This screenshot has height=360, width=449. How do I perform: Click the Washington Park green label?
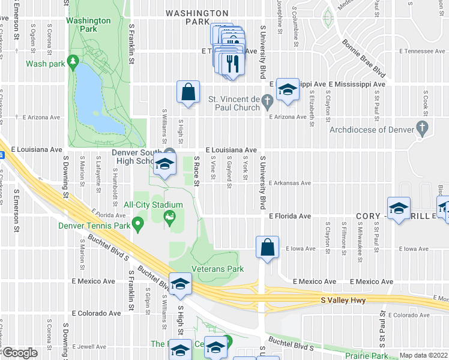pos(88,24)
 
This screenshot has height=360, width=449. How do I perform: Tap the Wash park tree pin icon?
pos(73,61)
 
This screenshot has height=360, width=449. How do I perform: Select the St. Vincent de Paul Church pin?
pos(267,103)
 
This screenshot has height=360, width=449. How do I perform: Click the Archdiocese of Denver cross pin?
pos(423,129)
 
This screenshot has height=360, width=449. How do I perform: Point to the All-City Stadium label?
pos(153,205)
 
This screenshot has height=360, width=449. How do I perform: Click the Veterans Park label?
pos(217,269)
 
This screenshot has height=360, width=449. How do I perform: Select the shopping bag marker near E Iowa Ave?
pos(267,247)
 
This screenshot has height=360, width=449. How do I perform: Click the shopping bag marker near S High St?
pos(188,92)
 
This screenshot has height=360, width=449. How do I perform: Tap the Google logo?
pos(20,353)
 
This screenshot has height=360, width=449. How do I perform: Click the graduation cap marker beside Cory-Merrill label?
pos(399,209)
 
